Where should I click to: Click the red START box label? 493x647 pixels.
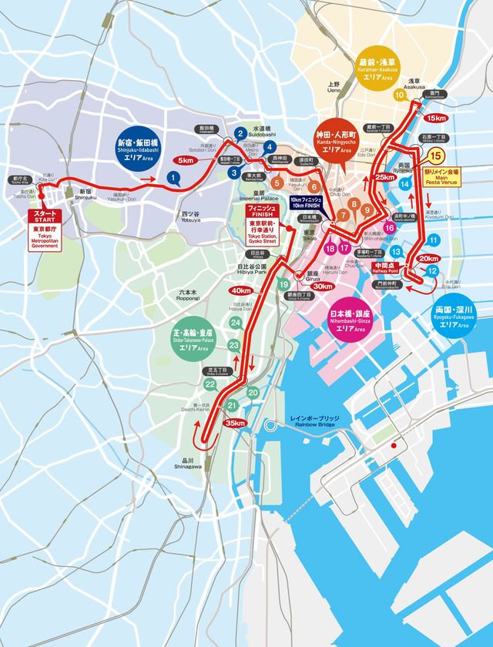[x=43, y=216]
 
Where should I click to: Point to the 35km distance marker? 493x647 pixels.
[x=234, y=423]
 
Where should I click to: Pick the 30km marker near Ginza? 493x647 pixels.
[x=323, y=287]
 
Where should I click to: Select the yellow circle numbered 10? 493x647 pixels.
[x=399, y=96]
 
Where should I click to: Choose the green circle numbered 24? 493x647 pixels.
[x=236, y=322]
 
